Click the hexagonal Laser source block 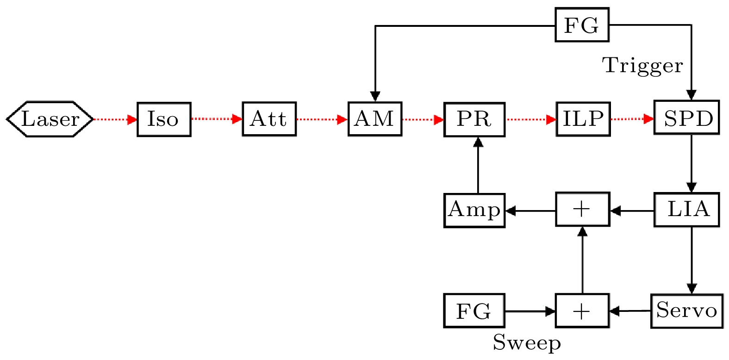point(50,119)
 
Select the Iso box point(164,119)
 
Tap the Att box point(269,119)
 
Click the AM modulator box point(374,119)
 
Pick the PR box point(474,119)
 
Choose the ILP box point(583,119)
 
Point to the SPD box point(686,118)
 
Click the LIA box point(686,210)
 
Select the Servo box point(686,311)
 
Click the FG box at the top point(582,25)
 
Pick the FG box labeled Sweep point(474,311)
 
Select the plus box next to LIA point(582,210)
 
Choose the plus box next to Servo point(582,311)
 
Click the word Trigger point(642,66)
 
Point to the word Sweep point(526,343)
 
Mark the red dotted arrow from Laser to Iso point(115,119)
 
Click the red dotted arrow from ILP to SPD point(632,119)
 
